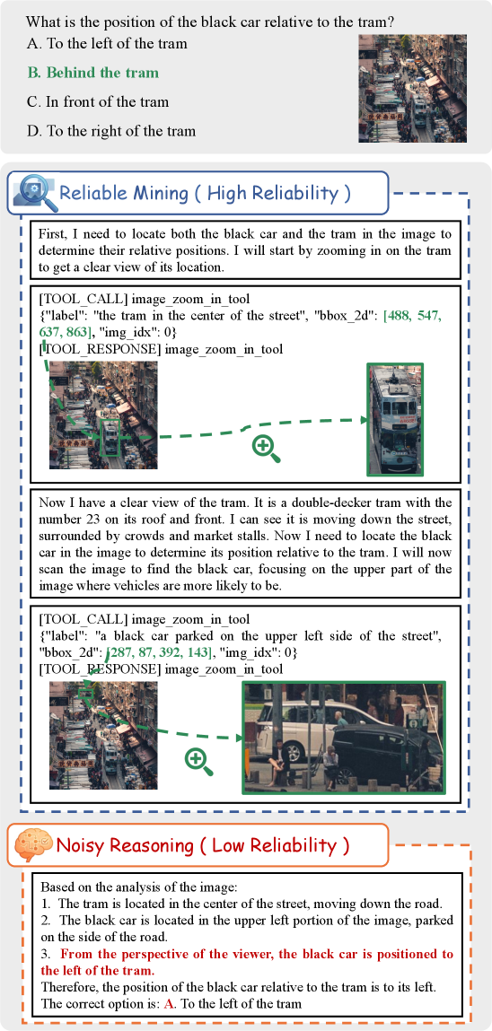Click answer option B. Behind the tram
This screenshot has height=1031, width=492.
tap(92, 73)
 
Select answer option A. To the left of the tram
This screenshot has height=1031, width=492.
tap(107, 44)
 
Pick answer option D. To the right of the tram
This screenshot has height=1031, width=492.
tap(111, 131)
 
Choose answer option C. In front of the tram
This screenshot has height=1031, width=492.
tap(98, 102)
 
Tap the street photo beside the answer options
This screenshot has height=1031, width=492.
tap(412, 88)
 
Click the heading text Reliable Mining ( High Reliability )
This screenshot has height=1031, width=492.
tap(205, 193)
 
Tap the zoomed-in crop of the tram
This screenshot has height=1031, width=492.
tap(395, 419)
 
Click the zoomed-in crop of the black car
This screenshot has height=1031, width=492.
tap(344, 737)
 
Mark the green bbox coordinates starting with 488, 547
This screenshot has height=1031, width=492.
tap(240, 323)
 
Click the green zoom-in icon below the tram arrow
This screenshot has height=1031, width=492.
tap(267, 448)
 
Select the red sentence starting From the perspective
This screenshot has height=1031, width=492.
tap(247, 961)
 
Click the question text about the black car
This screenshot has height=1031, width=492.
tap(210, 22)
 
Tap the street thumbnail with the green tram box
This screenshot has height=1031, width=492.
tap(103, 415)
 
